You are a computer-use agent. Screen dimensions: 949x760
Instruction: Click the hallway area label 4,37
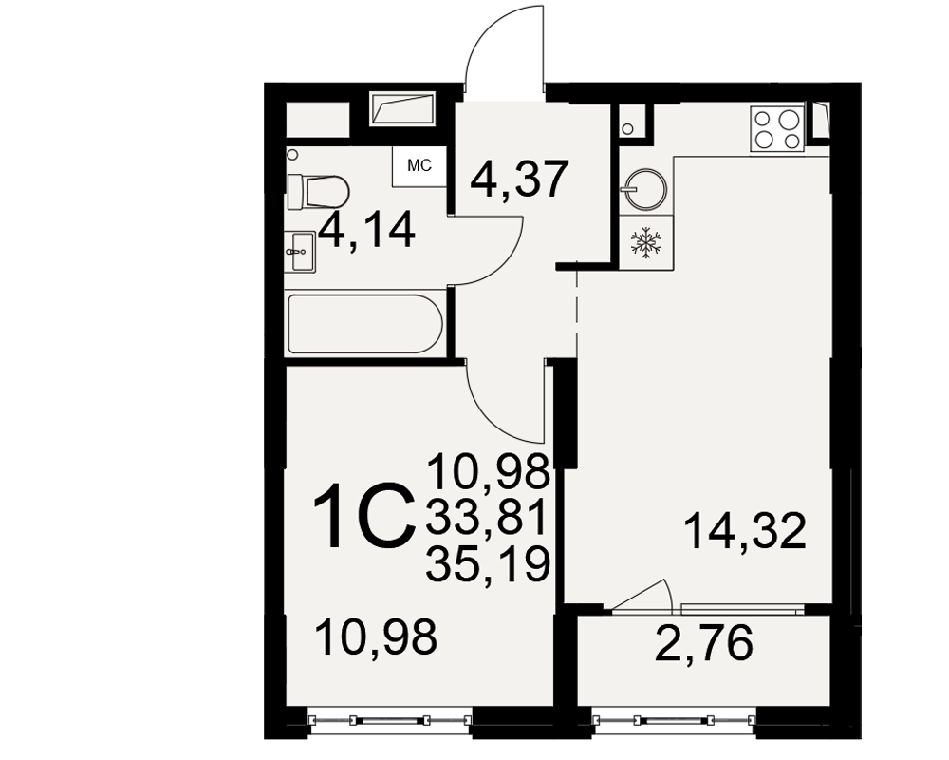(521, 180)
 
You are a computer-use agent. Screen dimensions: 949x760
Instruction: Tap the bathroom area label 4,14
(367, 230)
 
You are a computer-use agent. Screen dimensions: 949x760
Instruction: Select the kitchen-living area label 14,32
(746, 530)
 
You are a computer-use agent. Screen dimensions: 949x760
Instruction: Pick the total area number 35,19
(488, 563)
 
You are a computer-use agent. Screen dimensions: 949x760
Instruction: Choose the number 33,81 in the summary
(487, 517)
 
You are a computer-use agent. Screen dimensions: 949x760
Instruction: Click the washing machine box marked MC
(419, 166)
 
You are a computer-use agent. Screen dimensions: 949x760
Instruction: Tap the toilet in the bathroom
(318, 192)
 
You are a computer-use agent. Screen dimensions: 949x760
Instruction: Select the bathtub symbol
(366, 324)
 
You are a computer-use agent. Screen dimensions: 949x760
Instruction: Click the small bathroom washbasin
(300, 252)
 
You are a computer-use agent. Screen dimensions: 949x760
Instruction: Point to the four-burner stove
(777, 128)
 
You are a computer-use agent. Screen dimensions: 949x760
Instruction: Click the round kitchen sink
(645, 187)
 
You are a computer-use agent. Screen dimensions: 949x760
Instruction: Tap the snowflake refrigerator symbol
(646, 242)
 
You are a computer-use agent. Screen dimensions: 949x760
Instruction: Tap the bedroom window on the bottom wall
(390, 719)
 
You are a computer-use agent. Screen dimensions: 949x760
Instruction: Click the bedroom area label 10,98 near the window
(376, 637)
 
